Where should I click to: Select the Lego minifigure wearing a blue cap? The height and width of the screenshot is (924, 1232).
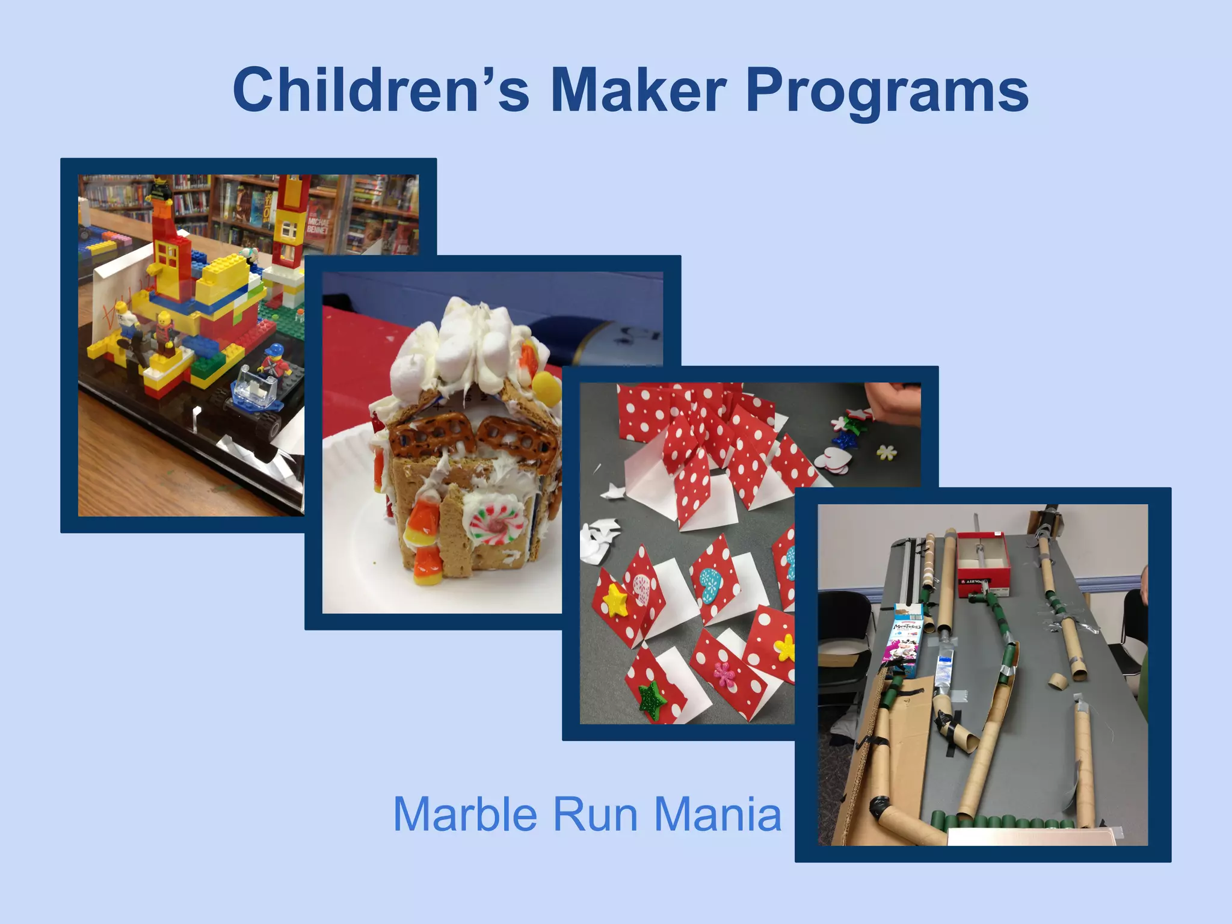coord(274,361)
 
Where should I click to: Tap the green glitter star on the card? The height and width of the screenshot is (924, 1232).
coord(651,701)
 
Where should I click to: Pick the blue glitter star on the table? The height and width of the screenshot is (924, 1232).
coord(846,440)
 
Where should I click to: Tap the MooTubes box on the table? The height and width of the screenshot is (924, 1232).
coord(903,641)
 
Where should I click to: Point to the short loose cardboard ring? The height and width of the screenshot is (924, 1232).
coord(1058,680)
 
